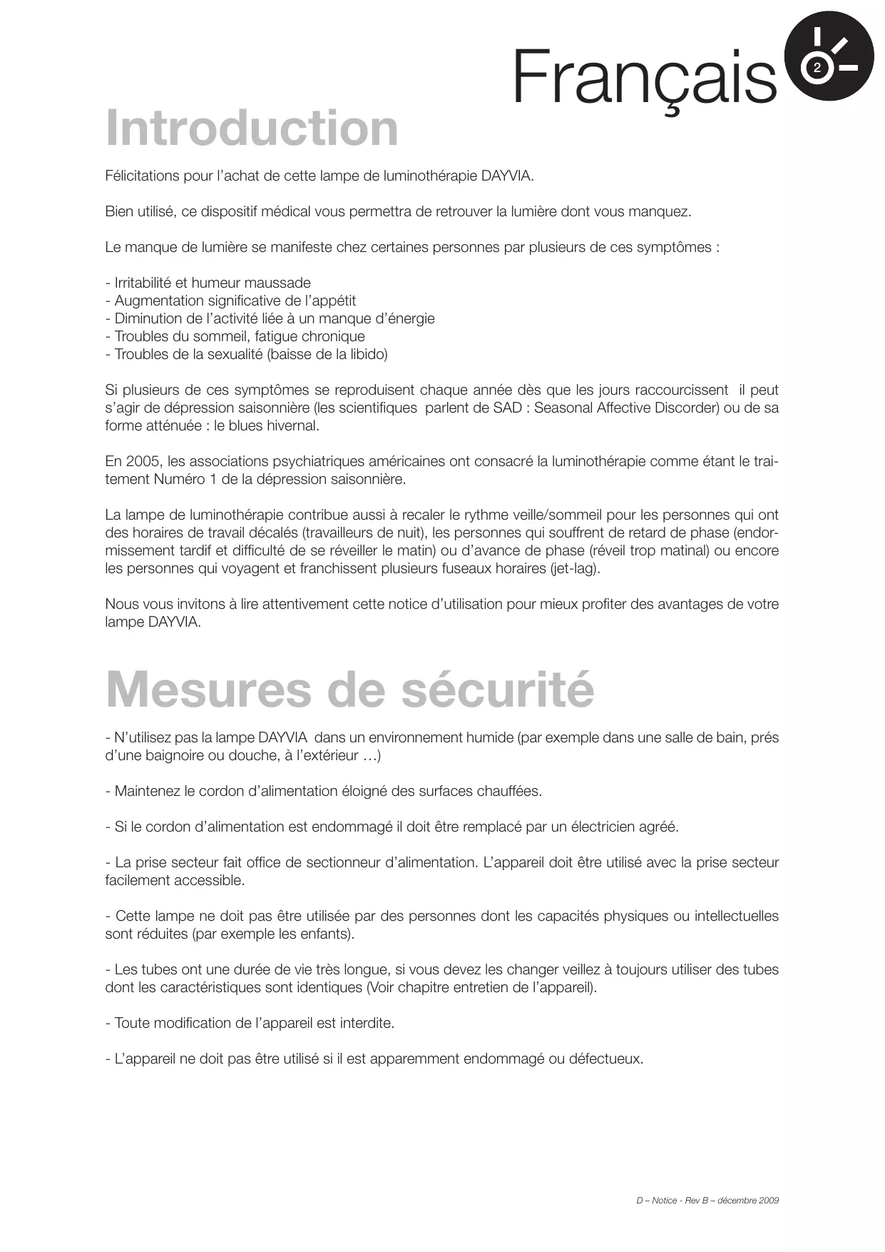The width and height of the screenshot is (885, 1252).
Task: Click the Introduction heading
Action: coord(252,128)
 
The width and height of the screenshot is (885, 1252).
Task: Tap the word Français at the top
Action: coord(644,77)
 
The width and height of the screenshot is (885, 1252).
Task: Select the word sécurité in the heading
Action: coord(497,690)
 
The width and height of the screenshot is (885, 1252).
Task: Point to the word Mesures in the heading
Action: coord(208,690)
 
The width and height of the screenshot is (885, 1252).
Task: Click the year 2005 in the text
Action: coord(143,462)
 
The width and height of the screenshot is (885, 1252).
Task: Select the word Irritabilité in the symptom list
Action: coord(143,283)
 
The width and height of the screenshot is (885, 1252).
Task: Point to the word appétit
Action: coord(331,301)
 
